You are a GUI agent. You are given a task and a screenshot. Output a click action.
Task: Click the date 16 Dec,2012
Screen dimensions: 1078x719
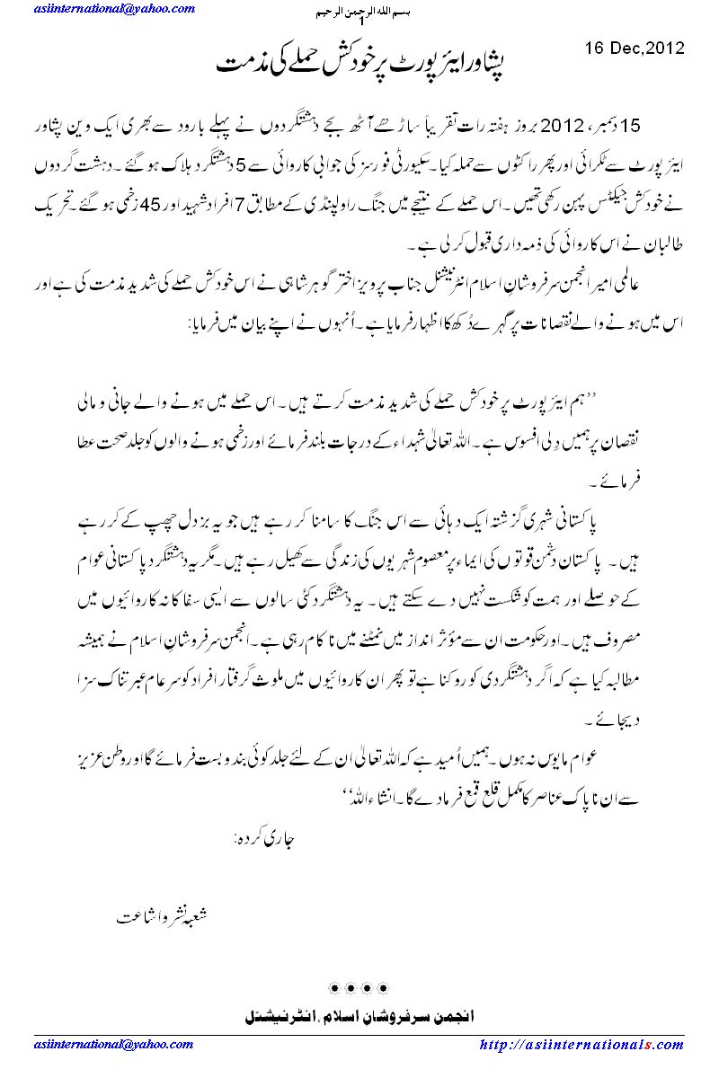coord(635,48)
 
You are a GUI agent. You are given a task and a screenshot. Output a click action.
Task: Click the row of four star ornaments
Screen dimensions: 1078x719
coord(359,989)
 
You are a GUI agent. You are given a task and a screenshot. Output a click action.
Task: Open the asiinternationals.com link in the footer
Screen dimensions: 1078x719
coord(581,1046)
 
